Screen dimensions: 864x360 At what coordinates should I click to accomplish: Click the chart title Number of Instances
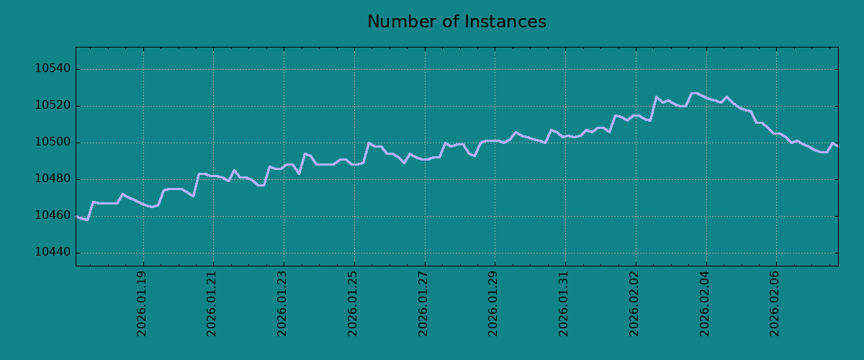tap(456, 22)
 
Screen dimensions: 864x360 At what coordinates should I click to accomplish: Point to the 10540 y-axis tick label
tap(53, 68)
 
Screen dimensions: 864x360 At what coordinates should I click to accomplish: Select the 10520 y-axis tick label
tap(53, 105)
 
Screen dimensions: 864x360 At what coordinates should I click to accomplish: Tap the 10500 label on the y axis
tap(53, 142)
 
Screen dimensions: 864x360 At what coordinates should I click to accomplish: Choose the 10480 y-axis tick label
tap(53, 179)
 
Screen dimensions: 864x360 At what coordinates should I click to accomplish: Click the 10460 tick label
tap(53, 215)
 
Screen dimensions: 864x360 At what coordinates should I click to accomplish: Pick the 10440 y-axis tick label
tap(53, 252)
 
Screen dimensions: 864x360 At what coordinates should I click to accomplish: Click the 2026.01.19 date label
tap(142, 304)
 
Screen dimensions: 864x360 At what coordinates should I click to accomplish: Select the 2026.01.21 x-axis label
tap(212, 304)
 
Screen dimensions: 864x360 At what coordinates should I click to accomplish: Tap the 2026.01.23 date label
tap(282, 304)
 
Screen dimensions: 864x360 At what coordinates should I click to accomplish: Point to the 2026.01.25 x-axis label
tap(353, 304)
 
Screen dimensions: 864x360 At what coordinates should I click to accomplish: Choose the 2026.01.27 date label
tap(423, 304)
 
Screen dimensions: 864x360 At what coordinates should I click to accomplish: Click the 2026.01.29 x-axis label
tap(493, 304)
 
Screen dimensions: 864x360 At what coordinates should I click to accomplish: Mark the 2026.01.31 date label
tap(564, 304)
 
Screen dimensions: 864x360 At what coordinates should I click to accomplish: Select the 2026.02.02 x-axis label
tap(634, 304)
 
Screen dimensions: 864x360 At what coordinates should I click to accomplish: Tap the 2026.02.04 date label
tap(705, 304)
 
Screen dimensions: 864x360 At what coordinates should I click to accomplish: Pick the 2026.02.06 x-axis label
tap(775, 304)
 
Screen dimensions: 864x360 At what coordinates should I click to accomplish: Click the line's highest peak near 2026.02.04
tap(694, 93)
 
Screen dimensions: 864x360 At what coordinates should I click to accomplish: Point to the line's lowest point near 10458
tap(87, 220)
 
